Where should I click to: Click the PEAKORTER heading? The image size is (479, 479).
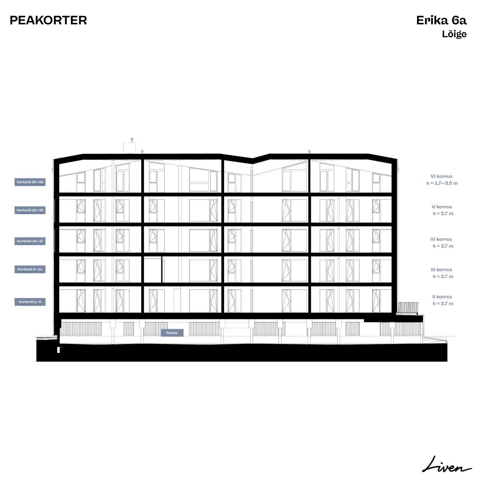(48, 20)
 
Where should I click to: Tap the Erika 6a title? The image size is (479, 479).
(441, 20)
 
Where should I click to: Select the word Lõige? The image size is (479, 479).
(454, 34)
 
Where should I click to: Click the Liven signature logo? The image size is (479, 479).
(447, 464)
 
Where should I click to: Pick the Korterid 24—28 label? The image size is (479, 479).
(30, 182)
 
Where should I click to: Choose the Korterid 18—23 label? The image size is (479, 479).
(30, 210)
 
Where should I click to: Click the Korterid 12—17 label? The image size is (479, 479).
(30, 241)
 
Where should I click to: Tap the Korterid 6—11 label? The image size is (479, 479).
(30, 270)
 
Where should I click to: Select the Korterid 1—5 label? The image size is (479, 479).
(30, 302)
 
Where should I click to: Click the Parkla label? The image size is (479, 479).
(172, 333)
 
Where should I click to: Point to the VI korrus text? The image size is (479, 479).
(441, 177)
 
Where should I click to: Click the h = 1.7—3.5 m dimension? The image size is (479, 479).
(442, 183)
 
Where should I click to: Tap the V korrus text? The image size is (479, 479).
(442, 207)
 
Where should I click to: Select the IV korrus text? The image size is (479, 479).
(441, 239)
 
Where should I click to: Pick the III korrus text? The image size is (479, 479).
(441, 270)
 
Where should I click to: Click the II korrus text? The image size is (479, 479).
(442, 297)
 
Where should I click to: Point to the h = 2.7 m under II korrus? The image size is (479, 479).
(443, 303)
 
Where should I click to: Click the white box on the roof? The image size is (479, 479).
(130, 148)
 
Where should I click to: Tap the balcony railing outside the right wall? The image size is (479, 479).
(408, 308)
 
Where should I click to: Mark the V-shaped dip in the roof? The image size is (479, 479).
(252, 161)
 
